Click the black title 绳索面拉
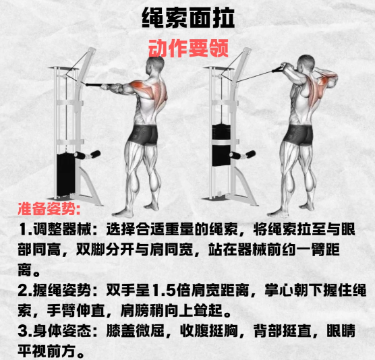(187, 18)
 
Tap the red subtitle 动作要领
(188, 49)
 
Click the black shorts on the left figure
(144, 135)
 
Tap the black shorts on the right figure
(299, 135)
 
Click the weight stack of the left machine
(66, 175)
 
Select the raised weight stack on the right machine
(221, 145)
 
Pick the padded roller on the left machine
(87, 154)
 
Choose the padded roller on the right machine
(242, 155)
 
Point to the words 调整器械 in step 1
(62, 229)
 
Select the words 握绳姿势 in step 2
(62, 290)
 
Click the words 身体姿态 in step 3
(62, 331)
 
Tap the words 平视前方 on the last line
(47, 351)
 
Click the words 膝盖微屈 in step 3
(136, 331)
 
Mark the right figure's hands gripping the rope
(287, 66)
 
